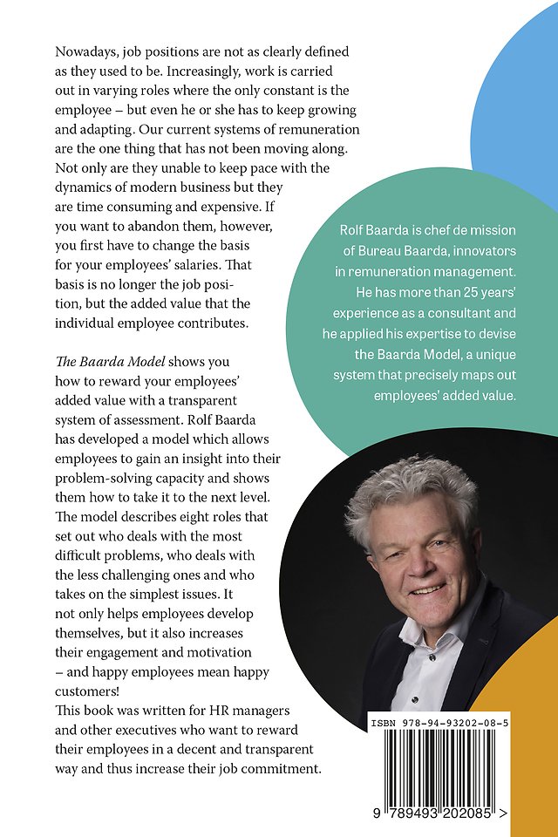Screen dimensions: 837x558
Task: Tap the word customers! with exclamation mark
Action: pyautogui.click(x=87, y=691)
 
